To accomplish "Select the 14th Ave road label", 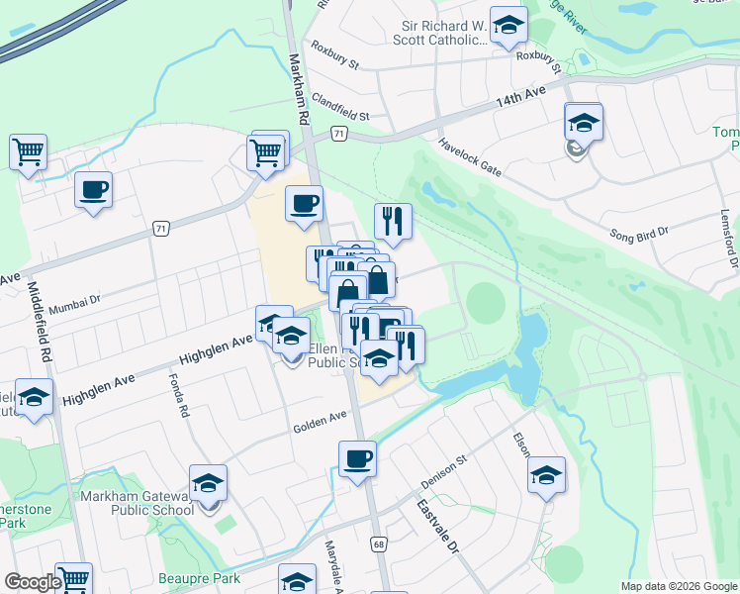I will pos(520,97).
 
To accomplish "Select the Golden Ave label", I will pos(320,422).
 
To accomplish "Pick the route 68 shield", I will pos(379,544).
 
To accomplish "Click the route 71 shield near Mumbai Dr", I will pos(160,229).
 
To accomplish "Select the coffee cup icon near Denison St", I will pos(357,458).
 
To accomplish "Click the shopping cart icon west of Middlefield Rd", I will pos(29,151).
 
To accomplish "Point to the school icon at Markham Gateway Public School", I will pos(209,483).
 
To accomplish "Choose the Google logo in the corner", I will pos(33,582).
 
